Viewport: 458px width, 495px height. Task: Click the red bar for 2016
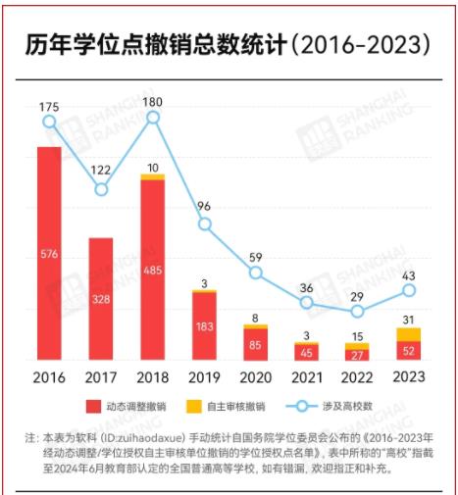click(x=49, y=253)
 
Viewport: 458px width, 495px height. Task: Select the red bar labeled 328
click(x=101, y=299)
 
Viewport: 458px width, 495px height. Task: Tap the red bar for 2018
click(x=153, y=270)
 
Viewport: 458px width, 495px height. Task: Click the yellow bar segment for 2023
click(x=409, y=334)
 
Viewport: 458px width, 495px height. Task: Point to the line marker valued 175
click(x=49, y=122)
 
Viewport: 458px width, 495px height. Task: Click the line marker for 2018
click(x=153, y=118)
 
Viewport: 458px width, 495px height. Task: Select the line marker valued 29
click(x=358, y=312)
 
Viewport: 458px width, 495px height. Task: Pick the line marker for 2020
click(x=256, y=272)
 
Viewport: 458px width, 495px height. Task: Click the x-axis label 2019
click(x=204, y=376)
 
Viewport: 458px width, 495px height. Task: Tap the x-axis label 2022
click(x=358, y=376)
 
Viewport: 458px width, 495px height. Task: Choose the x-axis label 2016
click(x=49, y=376)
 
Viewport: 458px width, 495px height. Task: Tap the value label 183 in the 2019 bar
click(x=204, y=326)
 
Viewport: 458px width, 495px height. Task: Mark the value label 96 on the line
click(x=204, y=207)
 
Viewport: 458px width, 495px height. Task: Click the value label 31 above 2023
click(x=409, y=320)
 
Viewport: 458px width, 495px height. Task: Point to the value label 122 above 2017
click(x=101, y=171)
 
